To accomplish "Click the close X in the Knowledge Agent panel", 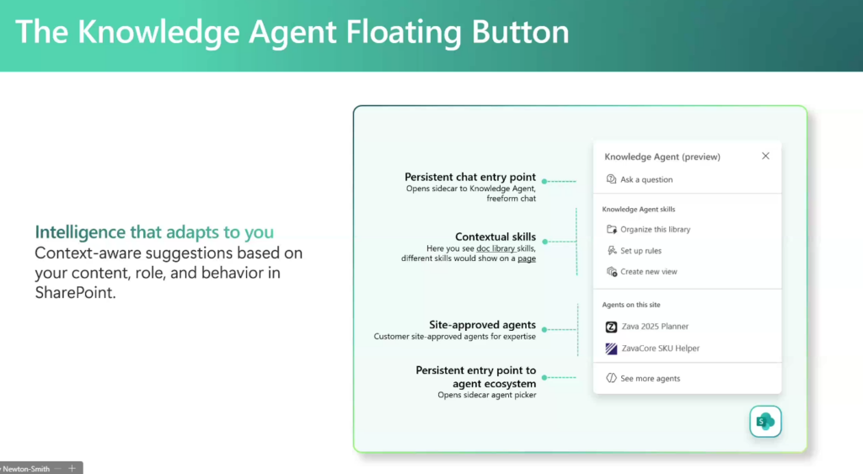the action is pyautogui.click(x=765, y=156).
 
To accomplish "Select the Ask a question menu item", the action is pyautogui.click(x=640, y=179).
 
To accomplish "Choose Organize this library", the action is pyautogui.click(x=648, y=229).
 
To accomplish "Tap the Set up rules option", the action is pyautogui.click(x=634, y=251).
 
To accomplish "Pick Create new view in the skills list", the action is pyautogui.click(x=641, y=272).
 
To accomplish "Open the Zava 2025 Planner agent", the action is pyautogui.click(x=646, y=327).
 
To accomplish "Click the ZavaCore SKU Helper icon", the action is pyautogui.click(x=611, y=349).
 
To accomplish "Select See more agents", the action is pyautogui.click(x=643, y=378).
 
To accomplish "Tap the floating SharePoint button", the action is pyautogui.click(x=765, y=422).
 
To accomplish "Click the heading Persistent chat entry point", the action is pyautogui.click(x=470, y=177).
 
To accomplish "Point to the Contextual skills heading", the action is pyautogui.click(x=496, y=237).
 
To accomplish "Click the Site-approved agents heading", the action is pyautogui.click(x=482, y=325).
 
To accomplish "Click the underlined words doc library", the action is pyautogui.click(x=496, y=248).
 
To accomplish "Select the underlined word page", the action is pyautogui.click(x=527, y=258).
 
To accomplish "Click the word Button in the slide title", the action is pyautogui.click(x=520, y=32).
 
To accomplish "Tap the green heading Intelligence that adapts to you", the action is pyautogui.click(x=154, y=232).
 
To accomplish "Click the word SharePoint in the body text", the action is pyautogui.click(x=75, y=292).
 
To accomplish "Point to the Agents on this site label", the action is pyautogui.click(x=631, y=305).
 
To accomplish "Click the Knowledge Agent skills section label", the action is pyautogui.click(x=639, y=210).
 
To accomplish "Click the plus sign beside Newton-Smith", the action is pyautogui.click(x=72, y=468).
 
